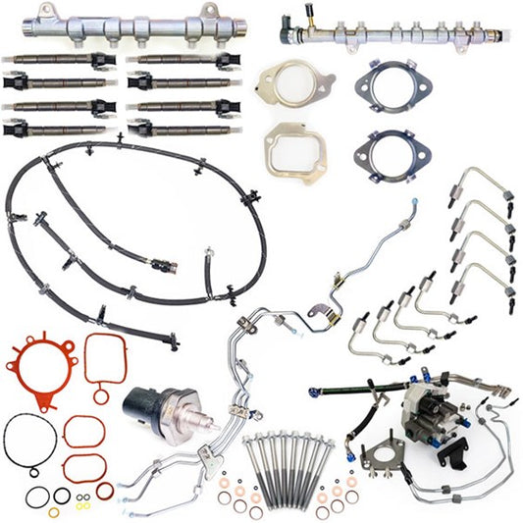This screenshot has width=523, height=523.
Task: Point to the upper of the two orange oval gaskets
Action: (x=83, y=433)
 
